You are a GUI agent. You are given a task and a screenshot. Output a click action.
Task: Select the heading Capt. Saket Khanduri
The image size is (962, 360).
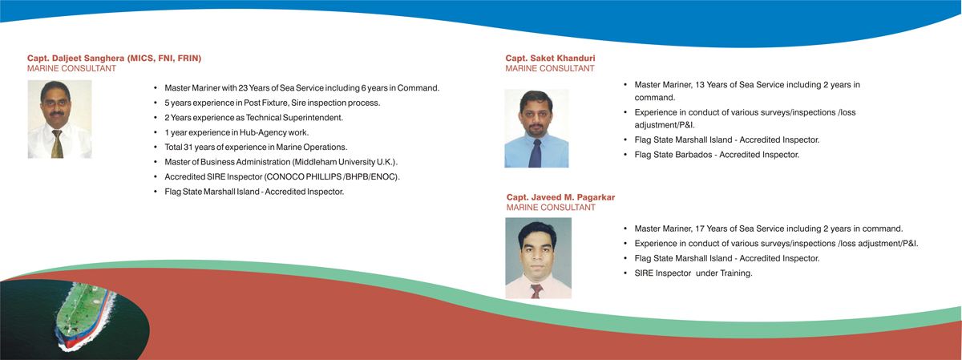point(550,58)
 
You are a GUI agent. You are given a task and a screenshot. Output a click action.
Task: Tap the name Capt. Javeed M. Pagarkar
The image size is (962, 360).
point(560,197)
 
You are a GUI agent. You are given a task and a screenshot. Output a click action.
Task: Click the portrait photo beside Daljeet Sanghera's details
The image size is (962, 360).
point(59,119)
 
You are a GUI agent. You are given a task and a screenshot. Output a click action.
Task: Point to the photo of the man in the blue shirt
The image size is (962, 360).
point(536,128)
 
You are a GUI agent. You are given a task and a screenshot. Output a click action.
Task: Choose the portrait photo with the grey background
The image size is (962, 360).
point(538,257)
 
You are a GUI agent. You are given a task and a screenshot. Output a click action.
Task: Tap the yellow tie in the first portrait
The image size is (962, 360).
point(57,144)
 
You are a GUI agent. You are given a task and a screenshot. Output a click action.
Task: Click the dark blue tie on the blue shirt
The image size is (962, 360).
point(535,153)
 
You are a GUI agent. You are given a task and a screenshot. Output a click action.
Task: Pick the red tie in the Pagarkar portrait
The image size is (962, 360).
point(536,291)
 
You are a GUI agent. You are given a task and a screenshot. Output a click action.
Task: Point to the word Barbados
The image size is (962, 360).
point(693,155)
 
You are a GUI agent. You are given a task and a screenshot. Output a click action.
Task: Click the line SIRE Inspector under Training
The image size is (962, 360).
point(693,273)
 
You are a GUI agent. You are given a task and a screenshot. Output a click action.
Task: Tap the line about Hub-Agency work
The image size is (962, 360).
point(236,132)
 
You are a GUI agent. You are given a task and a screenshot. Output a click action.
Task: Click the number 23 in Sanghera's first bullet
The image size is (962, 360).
point(243,88)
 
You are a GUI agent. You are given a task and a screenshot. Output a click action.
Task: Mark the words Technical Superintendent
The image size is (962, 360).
point(294,118)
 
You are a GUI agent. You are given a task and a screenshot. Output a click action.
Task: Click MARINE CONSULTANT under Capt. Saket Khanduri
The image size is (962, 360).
point(550,68)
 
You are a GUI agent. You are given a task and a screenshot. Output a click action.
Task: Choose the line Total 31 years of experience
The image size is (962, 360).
point(256,147)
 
